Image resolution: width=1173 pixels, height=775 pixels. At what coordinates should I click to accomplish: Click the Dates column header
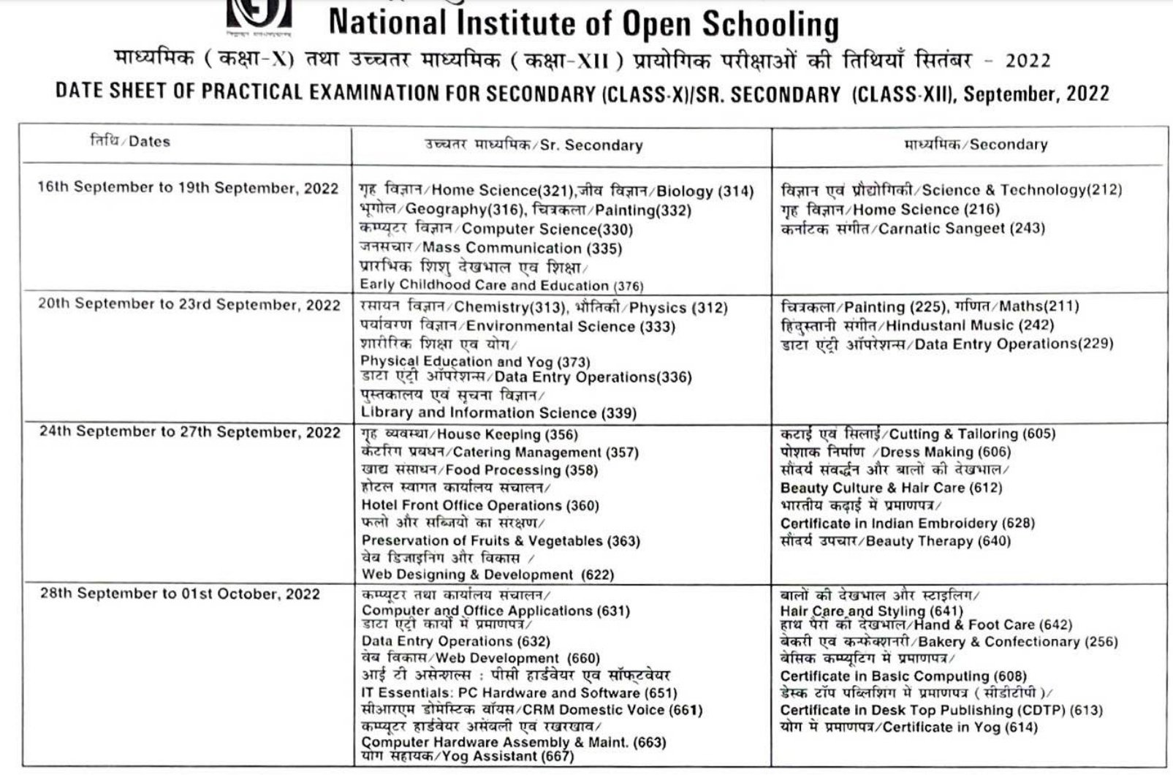point(129,141)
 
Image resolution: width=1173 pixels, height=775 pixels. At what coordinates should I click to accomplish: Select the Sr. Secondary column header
point(534,145)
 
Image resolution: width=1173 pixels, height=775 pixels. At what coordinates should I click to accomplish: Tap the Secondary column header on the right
point(976,145)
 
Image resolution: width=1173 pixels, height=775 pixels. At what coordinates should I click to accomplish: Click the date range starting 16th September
point(188,187)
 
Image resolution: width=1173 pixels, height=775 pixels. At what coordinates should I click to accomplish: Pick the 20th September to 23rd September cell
point(189,305)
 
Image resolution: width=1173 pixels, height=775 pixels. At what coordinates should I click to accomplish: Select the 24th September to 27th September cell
point(189,432)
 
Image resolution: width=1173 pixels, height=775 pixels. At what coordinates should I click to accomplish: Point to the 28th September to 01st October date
point(180,593)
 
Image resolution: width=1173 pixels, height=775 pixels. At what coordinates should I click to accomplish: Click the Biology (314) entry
point(705,192)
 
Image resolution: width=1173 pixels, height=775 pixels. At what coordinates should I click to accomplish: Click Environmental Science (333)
point(570,327)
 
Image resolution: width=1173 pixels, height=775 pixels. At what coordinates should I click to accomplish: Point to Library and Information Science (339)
point(498,413)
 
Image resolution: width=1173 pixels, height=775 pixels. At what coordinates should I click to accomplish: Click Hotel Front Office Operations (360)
point(480,506)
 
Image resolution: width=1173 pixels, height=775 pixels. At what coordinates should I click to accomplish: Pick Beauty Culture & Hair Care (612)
point(891,488)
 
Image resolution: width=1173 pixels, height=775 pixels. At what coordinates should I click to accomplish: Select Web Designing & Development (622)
point(487,575)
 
